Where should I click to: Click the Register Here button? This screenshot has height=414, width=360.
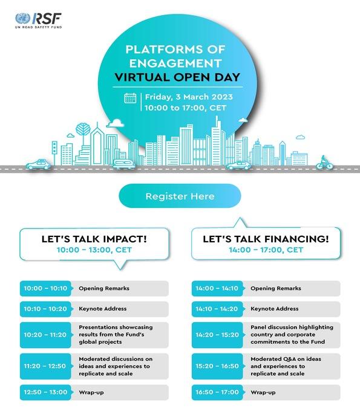click(180, 196)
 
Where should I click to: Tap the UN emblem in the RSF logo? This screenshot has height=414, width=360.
click(23, 18)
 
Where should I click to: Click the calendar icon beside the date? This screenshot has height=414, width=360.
click(130, 98)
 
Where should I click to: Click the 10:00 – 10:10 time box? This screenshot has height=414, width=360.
click(46, 289)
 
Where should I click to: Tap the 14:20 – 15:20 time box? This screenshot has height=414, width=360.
click(217, 335)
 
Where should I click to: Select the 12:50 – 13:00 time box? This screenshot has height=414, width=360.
click(46, 392)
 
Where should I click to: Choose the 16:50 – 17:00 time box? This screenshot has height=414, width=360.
click(217, 392)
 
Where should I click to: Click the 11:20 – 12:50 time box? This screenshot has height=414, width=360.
click(46, 366)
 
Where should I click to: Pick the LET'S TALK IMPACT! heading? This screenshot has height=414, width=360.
click(94, 239)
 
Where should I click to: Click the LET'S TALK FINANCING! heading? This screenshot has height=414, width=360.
click(266, 239)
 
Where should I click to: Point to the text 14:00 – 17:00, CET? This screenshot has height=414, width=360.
click(266, 250)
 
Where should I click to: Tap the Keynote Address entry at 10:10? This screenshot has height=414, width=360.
click(103, 309)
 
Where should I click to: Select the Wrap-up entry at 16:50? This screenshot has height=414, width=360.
click(263, 392)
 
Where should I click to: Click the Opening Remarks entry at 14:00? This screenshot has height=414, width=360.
click(276, 289)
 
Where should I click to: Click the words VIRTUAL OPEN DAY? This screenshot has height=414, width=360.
click(180, 77)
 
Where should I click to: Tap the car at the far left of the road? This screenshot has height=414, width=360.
click(38, 164)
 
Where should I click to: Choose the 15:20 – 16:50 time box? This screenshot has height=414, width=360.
click(217, 366)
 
